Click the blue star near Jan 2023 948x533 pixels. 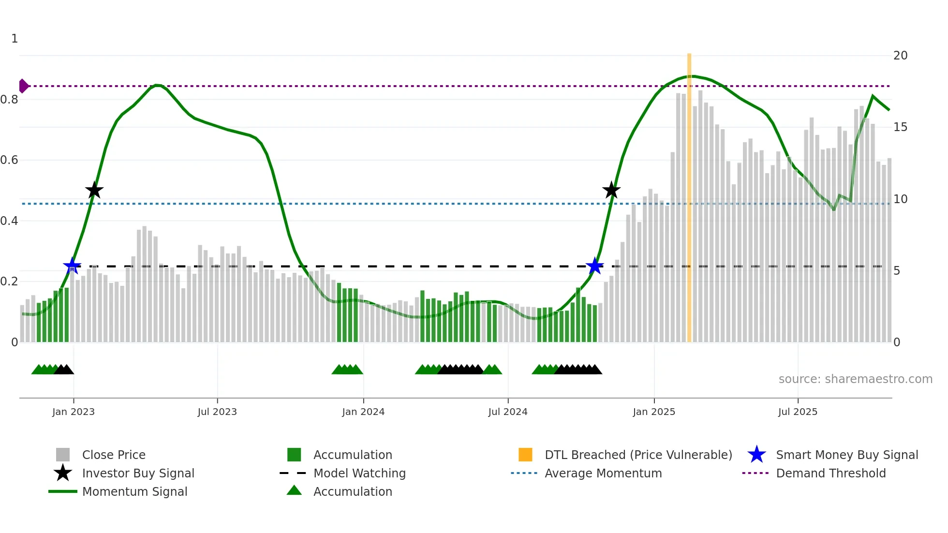(72, 266)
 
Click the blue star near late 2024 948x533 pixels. (594, 266)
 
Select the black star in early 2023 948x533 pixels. (94, 191)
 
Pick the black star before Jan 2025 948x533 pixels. (611, 191)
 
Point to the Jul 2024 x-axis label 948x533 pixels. (508, 412)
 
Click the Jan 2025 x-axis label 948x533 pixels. (654, 412)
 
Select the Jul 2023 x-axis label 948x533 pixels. (217, 412)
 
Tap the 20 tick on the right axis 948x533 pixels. (900, 56)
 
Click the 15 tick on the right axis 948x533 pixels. (900, 127)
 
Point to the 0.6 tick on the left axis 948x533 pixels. (10, 160)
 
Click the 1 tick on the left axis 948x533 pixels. (15, 39)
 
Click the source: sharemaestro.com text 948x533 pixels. (855, 379)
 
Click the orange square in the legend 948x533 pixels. (525, 455)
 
